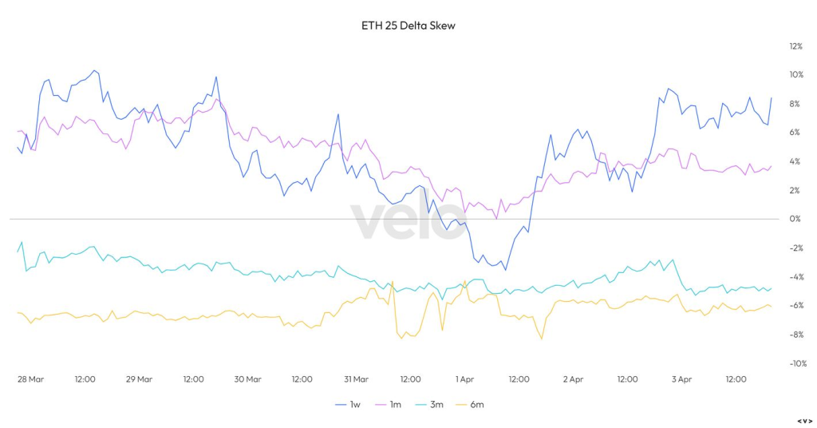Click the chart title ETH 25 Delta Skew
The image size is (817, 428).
point(408,26)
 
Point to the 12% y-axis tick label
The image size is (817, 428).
point(795,46)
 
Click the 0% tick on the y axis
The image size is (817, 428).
point(795,219)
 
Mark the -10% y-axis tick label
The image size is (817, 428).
point(795,363)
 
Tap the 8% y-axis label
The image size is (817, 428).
point(795,104)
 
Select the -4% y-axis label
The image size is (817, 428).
point(795,277)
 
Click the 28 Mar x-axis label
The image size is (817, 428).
point(31,379)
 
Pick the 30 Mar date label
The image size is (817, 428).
point(247,379)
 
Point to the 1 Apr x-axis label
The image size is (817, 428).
point(465,379)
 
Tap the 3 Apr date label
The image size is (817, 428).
point(681,379)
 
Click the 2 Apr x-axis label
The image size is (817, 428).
point(574,379)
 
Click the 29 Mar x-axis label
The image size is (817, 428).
point(139,379)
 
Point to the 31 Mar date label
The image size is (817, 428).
point(356,379)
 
